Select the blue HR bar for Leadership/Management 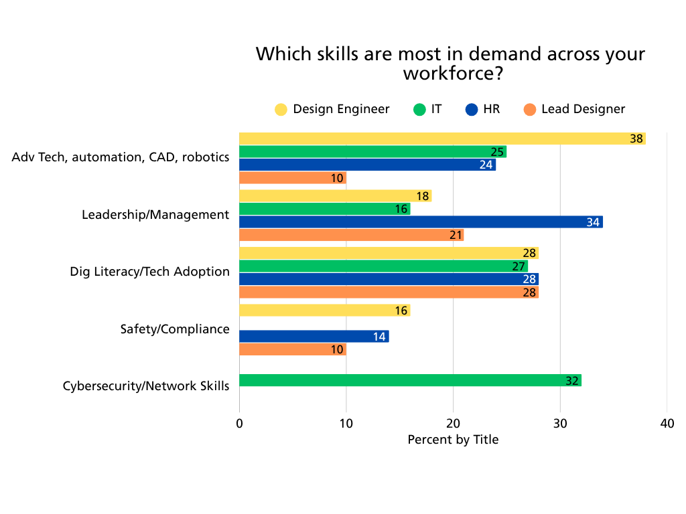click(x=421, y=222)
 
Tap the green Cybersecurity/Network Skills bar click(x=410, y=380)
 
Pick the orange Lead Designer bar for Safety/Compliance click(x=293, y=349)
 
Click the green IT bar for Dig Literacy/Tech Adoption click(x=383, y=266)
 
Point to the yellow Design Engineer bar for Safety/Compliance click(x=324, y=311)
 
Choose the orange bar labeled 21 click(x=351, y=235)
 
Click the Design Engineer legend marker click(x=281, y=109)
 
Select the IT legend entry click(x=428, y=109)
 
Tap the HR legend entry click(x=483, y=109)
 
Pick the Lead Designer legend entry click(x=575, y=109)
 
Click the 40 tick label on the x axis click(x=667, y=424)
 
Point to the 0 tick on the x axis click(x=239, y=424)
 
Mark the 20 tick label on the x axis click(x=453, y=424)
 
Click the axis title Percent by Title click(x=453, y=440)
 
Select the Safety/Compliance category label click(x=175, y=329)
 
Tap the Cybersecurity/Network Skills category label click(x=146, y=386)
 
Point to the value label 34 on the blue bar click(x=593, y=222)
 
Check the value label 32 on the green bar click(x=571, y=381)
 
